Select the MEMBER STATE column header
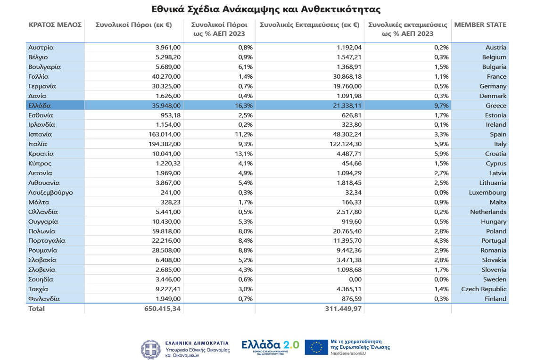tap(480, 25)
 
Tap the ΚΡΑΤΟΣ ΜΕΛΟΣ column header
tap(55, 25)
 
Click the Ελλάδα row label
tap(40, 106)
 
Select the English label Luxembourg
tap(487, 192)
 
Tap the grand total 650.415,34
tap(160, 309)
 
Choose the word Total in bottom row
tap(37, 309)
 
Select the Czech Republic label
tap(484, 289)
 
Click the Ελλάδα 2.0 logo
tap(270, 346)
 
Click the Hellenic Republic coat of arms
tap(151, 349)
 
